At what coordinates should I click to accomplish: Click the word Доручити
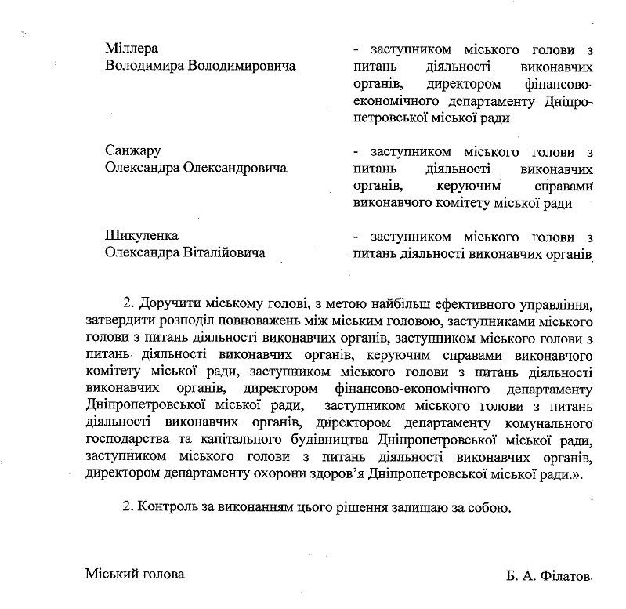[166, 304]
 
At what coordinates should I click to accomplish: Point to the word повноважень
[253, 321]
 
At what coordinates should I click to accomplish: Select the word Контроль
[168, 507]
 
